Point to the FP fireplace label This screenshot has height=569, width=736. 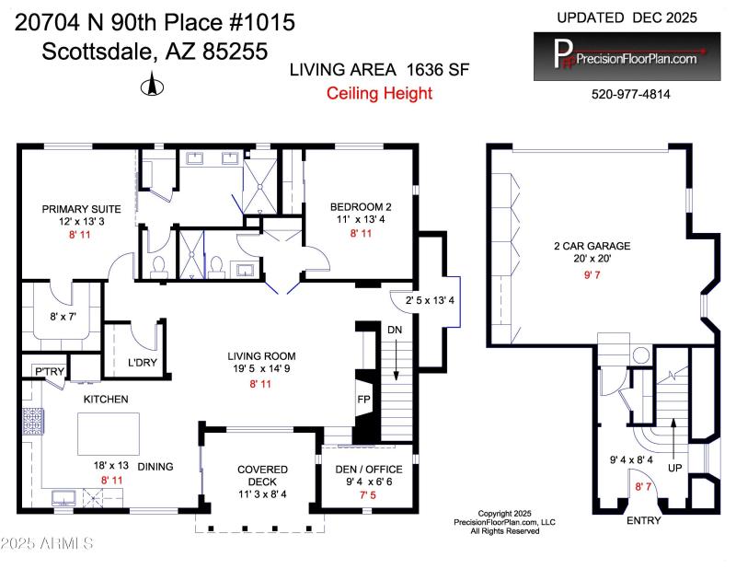(x=364, y=401)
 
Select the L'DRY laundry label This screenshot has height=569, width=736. (x=142, y=363)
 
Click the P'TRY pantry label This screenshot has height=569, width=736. (x=47, y=371)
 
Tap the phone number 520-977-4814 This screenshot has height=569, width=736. (x=630, y=94)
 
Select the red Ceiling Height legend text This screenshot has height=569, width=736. (x=379, y=93)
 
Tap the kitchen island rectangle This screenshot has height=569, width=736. (x=108, y=431)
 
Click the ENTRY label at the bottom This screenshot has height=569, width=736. (x=643, y=521)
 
